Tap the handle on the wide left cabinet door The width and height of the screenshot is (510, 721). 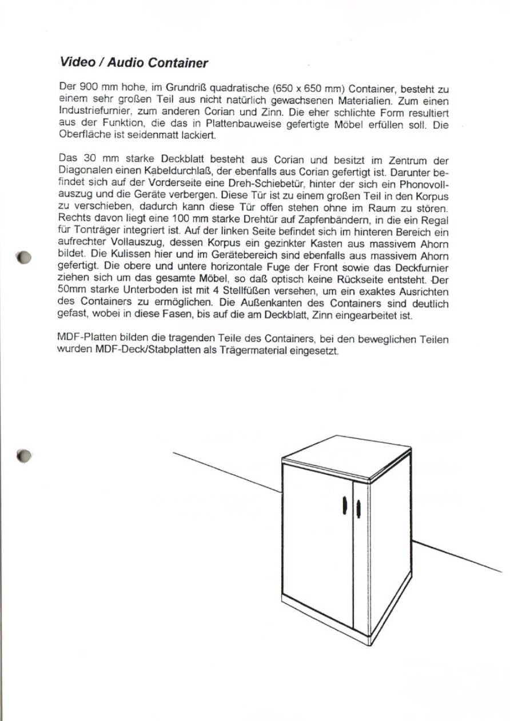point(345,504)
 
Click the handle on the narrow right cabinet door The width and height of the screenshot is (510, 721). point(358,507)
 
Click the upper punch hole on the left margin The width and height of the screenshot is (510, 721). point(23,257)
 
